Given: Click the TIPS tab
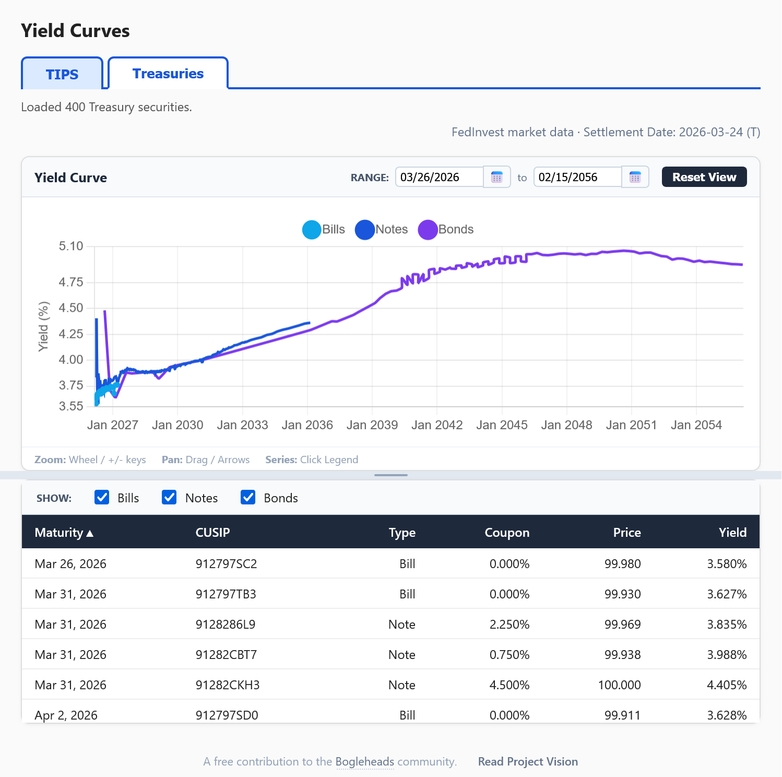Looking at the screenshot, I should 62,74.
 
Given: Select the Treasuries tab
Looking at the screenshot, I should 168,74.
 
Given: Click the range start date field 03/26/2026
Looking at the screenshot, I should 439,177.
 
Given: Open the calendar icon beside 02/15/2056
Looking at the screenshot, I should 635,177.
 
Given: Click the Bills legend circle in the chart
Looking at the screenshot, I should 312,230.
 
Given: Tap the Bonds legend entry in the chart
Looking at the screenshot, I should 446,230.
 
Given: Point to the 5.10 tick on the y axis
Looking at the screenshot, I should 71,246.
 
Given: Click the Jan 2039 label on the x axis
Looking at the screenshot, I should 372,425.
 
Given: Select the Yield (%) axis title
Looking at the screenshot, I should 43,326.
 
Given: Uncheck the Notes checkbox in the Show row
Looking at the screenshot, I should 169,497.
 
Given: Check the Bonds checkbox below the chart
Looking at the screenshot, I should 248,497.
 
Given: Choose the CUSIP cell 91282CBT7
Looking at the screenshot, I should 226,655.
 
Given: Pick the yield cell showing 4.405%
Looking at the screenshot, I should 727,685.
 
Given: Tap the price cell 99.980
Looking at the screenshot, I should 622,564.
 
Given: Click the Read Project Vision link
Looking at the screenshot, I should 528,761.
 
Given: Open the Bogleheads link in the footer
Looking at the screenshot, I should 364,761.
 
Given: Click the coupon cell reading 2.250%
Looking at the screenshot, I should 509,625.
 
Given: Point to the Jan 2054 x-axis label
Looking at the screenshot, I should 696,425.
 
